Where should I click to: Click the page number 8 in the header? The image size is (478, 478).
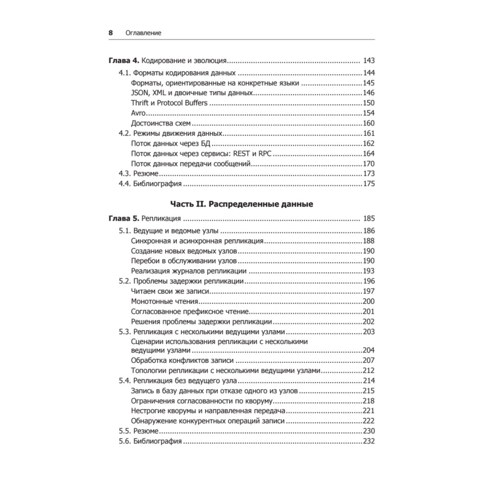(110, 33)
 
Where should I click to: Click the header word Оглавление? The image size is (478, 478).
(143, 33)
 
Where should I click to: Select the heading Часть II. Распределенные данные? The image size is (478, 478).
(241, 204)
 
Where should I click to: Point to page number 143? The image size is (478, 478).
(369, 61)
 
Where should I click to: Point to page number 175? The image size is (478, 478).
(368, 184)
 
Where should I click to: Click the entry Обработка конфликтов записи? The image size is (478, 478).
(182, 360)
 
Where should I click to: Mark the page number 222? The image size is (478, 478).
(368, 421)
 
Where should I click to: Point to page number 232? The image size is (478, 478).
(368, 441)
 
